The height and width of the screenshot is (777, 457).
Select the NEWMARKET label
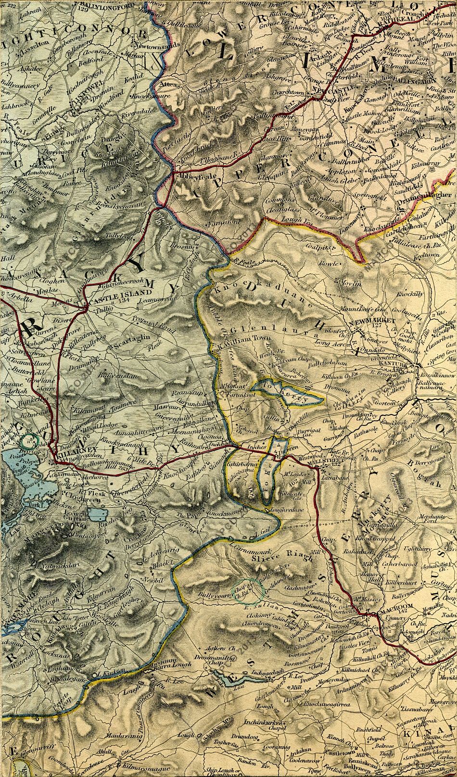pyautogui.click(x=376, y=320)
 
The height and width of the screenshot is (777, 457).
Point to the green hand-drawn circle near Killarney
pyautogui.click(x=30, y=440)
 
